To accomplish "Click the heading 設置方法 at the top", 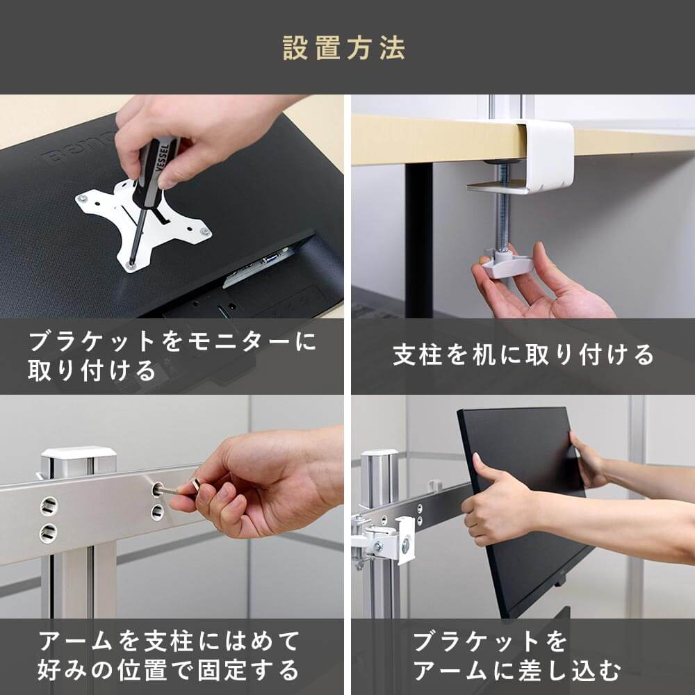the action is coord(344,47).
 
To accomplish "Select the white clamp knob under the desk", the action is coord(508,263).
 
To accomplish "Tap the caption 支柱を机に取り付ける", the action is coord(523,354).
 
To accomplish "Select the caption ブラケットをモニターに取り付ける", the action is coord(172,356).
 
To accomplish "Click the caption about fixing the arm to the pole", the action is coord(169,655).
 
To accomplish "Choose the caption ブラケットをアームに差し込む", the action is coord(517,655).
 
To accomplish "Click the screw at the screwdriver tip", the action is coord(131,265).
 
